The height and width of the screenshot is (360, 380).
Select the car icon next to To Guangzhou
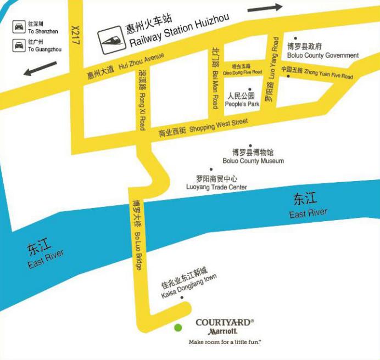tap(19, 45)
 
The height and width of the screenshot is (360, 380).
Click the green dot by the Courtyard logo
tap(178, 328)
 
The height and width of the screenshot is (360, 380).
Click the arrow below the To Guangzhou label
tap(40, 69)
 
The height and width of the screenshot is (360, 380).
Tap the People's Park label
tap(243, 99)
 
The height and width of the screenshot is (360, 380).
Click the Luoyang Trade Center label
tap(217, 183)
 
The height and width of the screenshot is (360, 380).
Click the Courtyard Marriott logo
tap(224, 327)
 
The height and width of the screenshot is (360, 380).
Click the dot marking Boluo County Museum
tap(251, 146)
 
